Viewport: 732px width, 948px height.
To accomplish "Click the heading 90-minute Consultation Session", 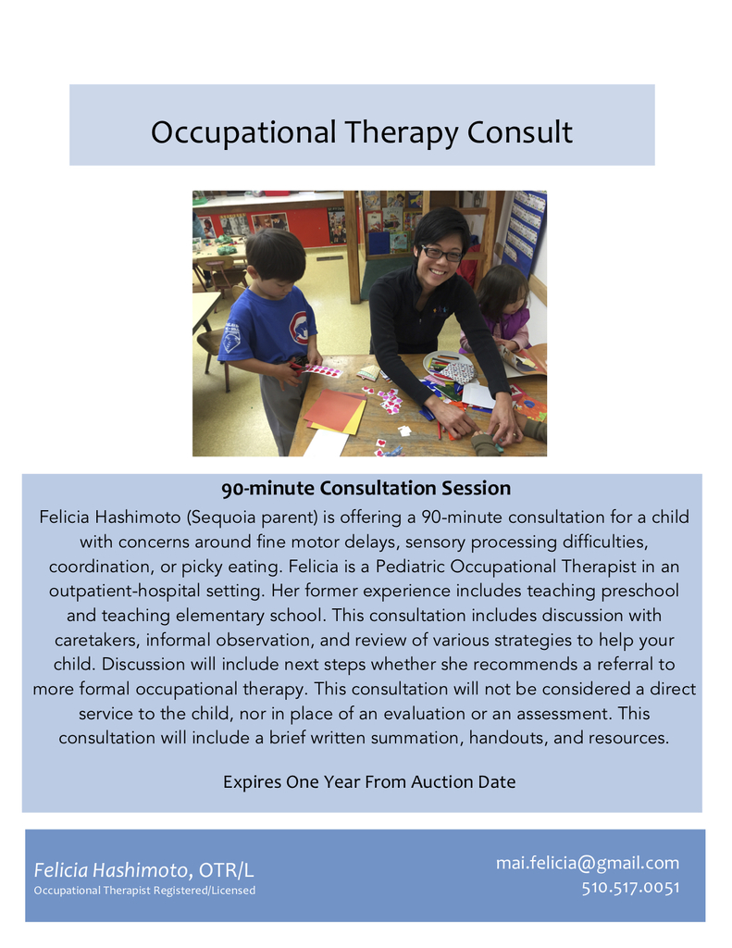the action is coord(366,488).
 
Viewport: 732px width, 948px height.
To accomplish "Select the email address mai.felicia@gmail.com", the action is coord(588,863).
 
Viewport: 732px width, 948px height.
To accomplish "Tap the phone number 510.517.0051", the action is coord(630,888).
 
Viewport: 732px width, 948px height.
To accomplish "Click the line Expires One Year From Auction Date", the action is coord(369,781).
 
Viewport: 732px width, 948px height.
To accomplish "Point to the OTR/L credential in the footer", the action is coord(226,870).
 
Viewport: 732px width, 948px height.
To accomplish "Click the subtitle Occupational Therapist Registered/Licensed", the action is coord(144,891).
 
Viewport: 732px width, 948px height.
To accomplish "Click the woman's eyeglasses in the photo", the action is coord(441,253).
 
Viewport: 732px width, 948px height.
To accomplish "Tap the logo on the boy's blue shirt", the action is coord(299,329).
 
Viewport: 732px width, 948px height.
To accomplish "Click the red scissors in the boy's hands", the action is coord(297,366).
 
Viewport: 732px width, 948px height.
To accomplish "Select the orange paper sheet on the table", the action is coord(333,409).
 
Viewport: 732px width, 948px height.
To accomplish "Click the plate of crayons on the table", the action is coord(451,365).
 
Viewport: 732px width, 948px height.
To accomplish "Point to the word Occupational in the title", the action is coord(243,133).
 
